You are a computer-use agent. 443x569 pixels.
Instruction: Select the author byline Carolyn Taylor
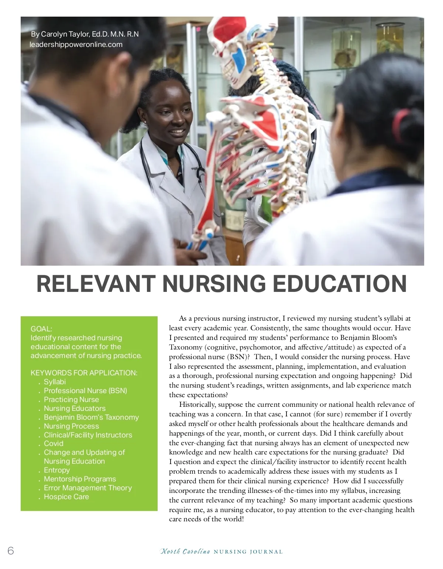pos(85,34)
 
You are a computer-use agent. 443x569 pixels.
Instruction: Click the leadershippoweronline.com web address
pos(76,44)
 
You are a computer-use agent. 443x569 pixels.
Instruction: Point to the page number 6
pos(10,551)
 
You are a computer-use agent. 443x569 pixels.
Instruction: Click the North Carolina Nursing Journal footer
pos(221,552)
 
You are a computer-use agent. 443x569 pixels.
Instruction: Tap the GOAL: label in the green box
pos(41,329)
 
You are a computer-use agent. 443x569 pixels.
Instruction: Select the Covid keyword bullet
pos(54,443)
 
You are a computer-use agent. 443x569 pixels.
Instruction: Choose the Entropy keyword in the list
pos(56,470)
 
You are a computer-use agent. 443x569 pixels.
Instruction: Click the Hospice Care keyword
pos(66,497)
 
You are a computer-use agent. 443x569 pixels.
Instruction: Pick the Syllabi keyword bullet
pos(55,382)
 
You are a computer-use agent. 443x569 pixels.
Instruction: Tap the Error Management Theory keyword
pos(87,488)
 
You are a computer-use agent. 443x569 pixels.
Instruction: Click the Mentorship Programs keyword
pos(80,479)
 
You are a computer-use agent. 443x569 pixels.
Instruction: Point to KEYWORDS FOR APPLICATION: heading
pos(84,373)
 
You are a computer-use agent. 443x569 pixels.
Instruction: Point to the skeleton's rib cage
pos(258,148)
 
